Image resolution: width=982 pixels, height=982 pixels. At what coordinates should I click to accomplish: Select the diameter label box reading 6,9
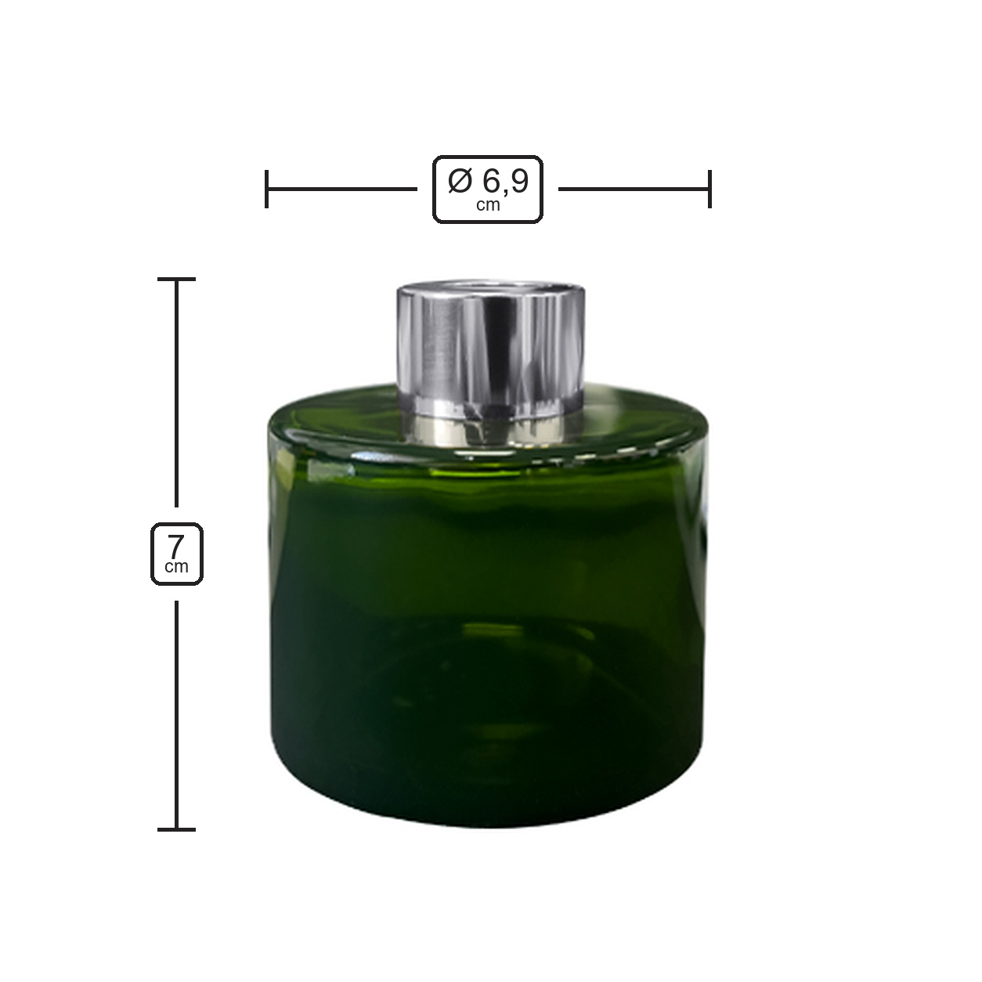point(488,189)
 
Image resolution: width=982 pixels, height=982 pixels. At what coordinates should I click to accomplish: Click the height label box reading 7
point(177,554)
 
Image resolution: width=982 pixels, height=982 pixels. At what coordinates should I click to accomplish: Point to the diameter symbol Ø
point(460,182)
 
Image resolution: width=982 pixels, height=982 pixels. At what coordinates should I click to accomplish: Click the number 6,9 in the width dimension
point(505,182)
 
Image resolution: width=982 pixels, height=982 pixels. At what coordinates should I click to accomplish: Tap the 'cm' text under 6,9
point(488,205)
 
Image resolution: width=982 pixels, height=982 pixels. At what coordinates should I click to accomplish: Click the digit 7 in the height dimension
point(176,547)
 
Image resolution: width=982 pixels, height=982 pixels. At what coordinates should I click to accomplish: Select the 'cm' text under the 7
point(176,567)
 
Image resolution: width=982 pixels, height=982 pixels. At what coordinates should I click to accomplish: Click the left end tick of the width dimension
point(266,189)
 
